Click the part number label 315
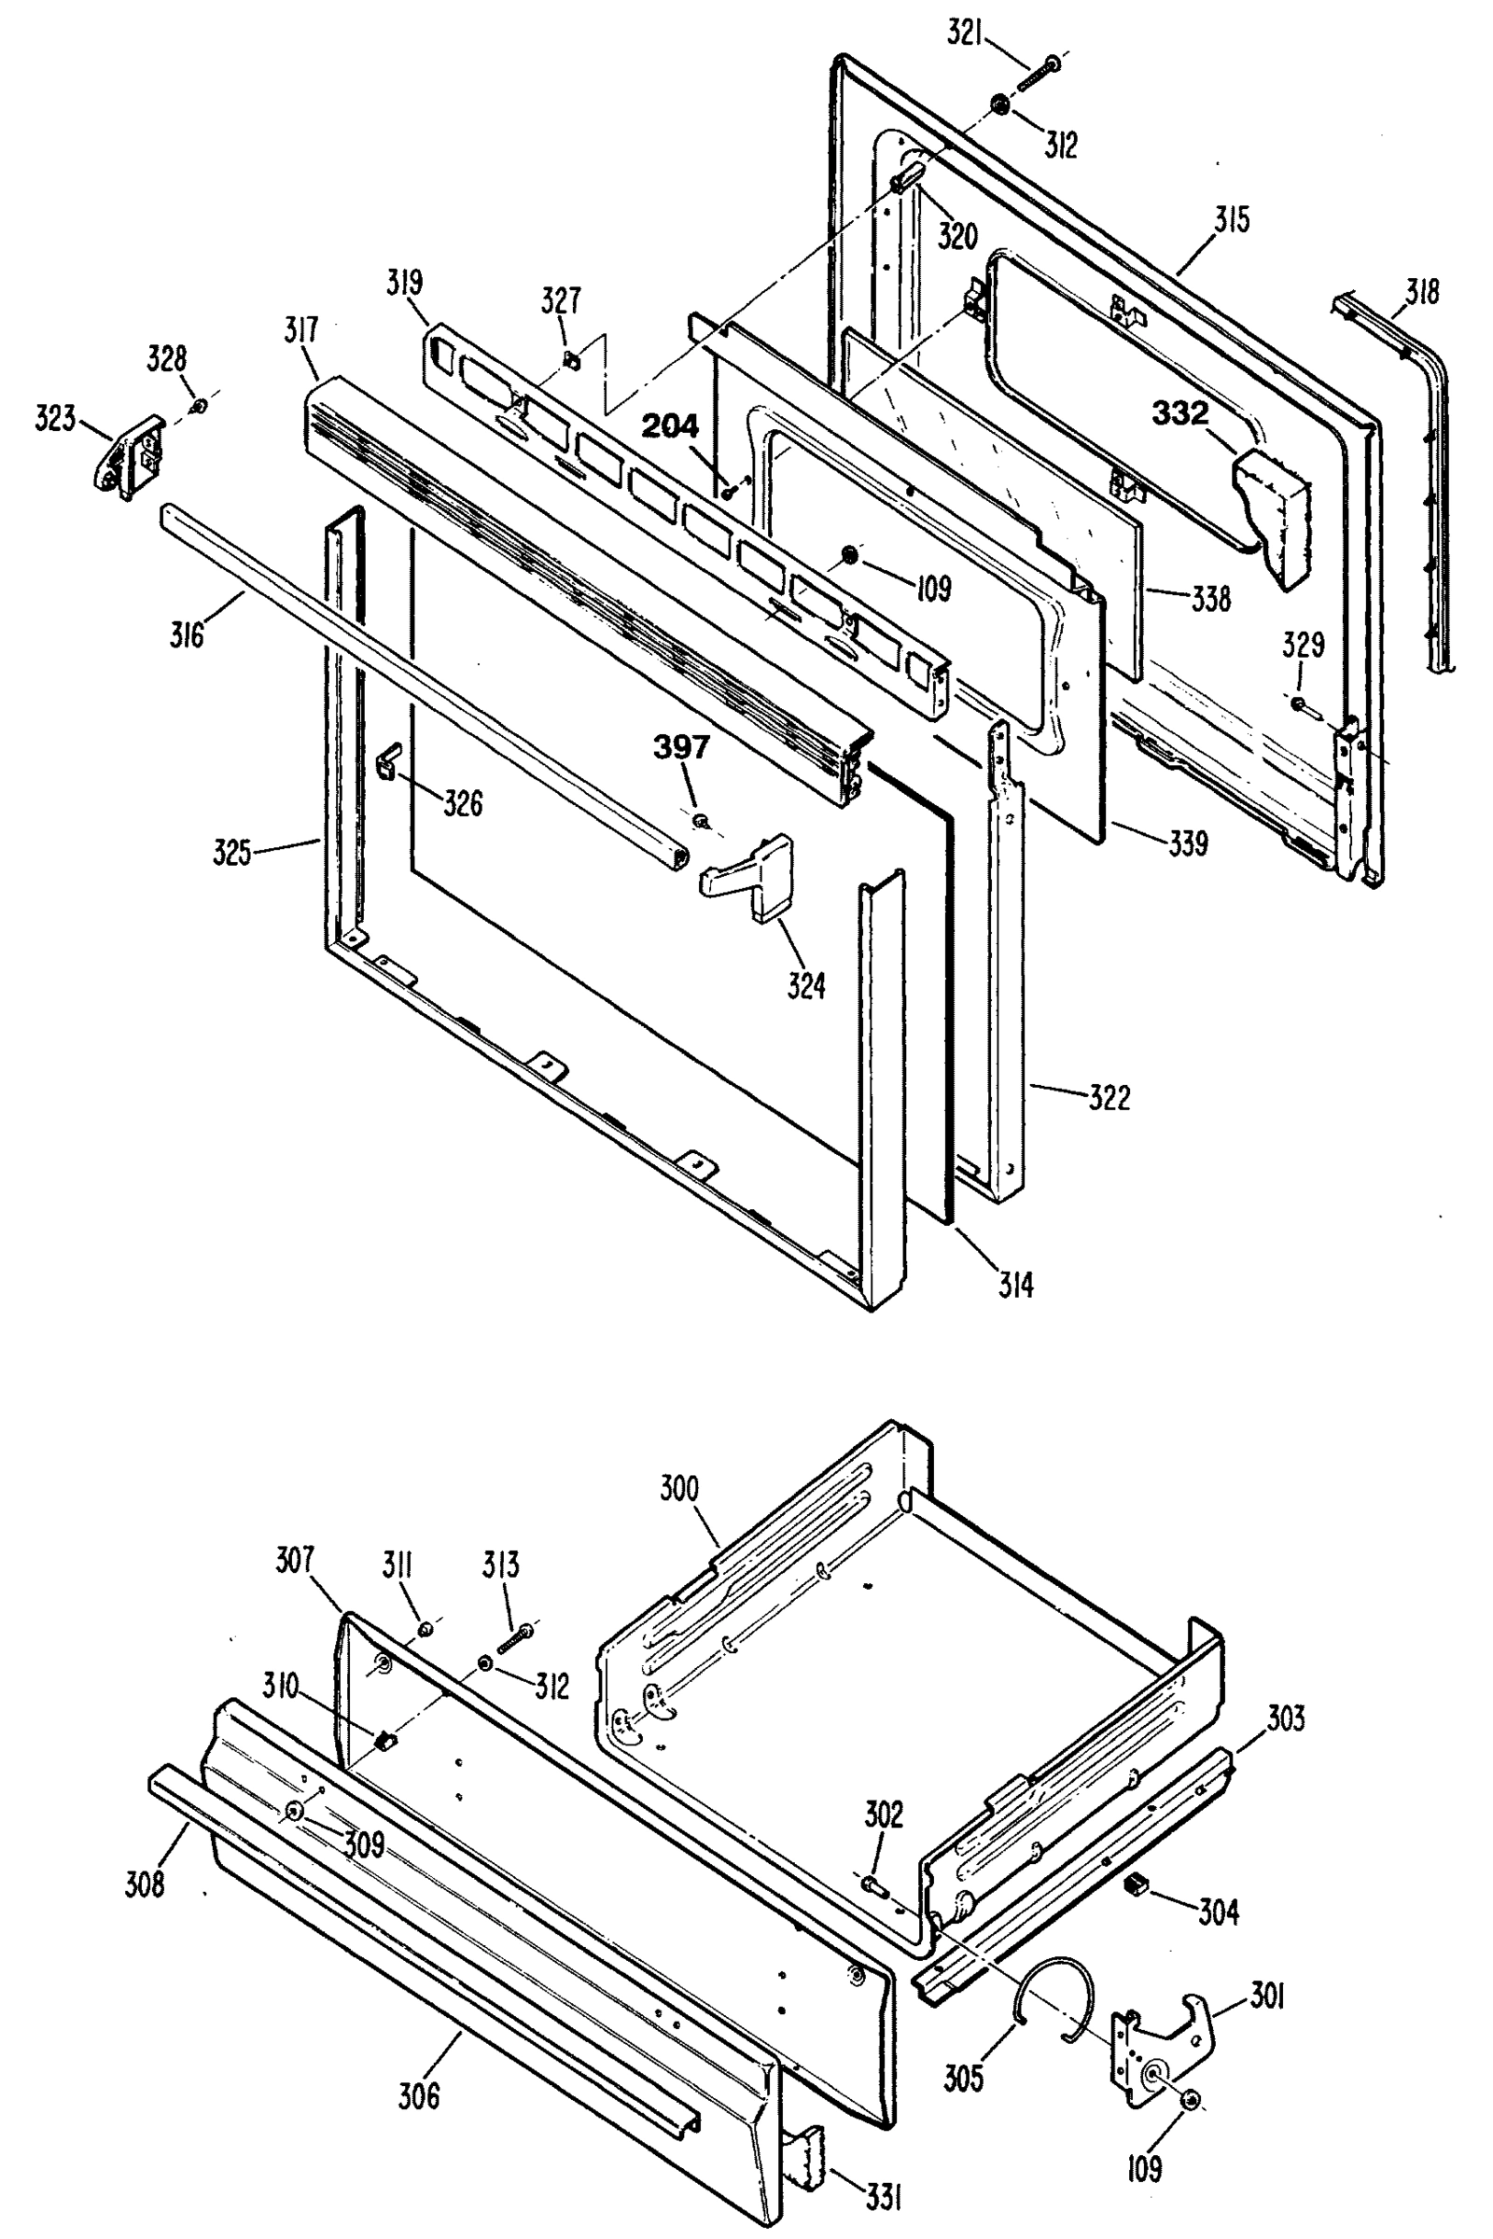1231,221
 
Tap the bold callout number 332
1180,413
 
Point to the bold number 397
681,748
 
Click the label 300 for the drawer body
679,1488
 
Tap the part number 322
1109,1098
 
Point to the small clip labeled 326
388,760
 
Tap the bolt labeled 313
514,1637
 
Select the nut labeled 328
198,407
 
